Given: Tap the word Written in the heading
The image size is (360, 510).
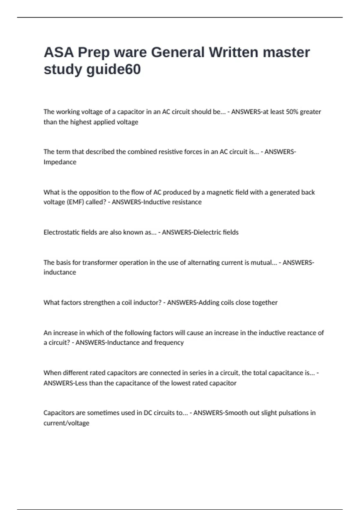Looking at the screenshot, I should [233, 52].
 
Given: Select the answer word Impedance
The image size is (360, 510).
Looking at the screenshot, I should [60, 162].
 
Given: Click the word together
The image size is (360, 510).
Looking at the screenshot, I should [265, 302].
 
